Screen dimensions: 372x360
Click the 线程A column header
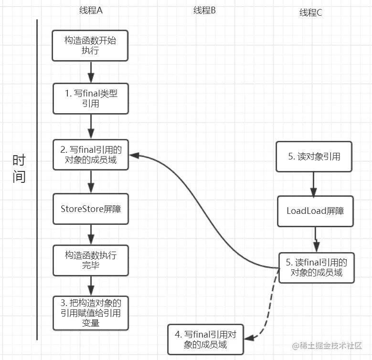pos(91,10)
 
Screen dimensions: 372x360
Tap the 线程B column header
pos(204,10)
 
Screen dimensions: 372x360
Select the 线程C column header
pos(310,12)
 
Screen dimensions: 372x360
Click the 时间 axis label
pos(19,169)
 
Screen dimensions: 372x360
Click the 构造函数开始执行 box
pos(90,45)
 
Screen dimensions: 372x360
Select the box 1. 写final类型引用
pos(91,98)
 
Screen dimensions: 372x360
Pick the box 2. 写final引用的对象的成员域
pos(91,155)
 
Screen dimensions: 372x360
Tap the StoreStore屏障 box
pos(91,209)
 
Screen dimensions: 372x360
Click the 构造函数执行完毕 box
pos(91,260)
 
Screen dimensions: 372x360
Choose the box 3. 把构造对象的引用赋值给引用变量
pos(91,313)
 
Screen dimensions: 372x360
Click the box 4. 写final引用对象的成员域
pos(206,339)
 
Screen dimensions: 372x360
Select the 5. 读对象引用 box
pos(314,157)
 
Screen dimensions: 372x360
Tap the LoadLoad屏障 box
pos(315,211)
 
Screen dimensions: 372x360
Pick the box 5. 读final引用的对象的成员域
pos(317,268)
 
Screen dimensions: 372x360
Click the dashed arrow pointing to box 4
pos(269,311)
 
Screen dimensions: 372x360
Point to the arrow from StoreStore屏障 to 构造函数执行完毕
pos(91,234)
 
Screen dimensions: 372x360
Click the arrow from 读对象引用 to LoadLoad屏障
pos(314,184)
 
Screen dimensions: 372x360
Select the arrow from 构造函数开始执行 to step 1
pos(91,72)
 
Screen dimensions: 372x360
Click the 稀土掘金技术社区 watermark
pos(327,346)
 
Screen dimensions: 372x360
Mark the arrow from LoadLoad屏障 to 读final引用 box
pos(316,240)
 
